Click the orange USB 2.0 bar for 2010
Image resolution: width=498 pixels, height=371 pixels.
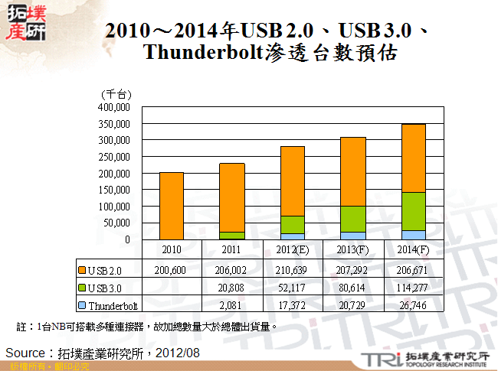(172, 206)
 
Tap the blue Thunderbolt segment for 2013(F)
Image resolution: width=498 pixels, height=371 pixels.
(353, 236)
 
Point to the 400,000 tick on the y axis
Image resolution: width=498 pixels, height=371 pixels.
(114, 107)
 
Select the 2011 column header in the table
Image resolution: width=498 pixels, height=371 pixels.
(232, 250)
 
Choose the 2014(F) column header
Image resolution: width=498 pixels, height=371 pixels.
(414, 250)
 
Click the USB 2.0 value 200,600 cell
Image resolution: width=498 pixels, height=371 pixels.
(172, 270)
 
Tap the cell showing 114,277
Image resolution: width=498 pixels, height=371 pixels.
(414, 288)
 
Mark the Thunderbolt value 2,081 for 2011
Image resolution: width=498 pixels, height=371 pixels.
(232, 305)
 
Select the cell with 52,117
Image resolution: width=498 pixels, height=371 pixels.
(293, 288)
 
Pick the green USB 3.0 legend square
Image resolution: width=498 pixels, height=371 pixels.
(82, 288)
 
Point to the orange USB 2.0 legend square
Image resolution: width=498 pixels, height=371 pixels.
(82, 270)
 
